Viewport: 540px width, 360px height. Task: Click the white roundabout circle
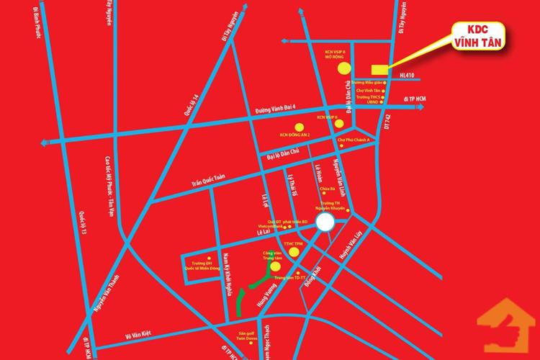tap(325, 222)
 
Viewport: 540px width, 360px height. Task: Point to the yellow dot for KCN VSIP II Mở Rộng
tap(344, 68)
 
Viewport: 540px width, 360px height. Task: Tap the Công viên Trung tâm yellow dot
tap(274, 266)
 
